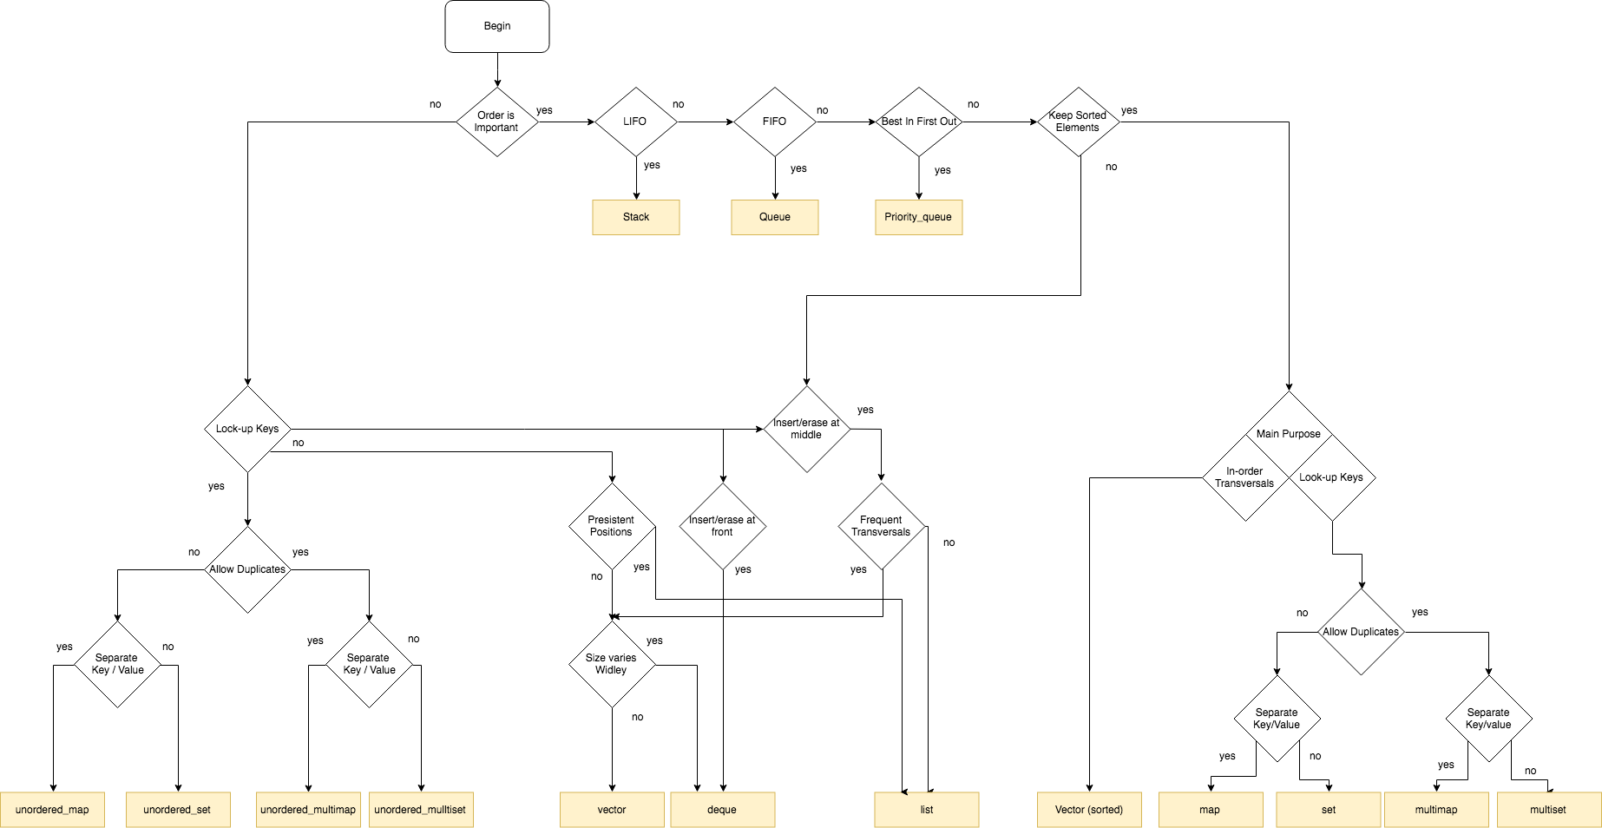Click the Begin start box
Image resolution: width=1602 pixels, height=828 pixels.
(497, 26)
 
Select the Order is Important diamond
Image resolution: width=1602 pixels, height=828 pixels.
(497, 122)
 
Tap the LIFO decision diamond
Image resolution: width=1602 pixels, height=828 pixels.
(635, 122)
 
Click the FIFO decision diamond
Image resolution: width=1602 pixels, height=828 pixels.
(775, 122)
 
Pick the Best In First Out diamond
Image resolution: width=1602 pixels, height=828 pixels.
(919, 122)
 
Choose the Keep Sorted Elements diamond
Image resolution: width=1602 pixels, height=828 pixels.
(1079, 122)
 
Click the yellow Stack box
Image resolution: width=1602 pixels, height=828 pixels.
(636, 217)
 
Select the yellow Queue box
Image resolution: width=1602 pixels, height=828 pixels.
(775, 217)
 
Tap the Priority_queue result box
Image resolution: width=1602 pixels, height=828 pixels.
(919, 217)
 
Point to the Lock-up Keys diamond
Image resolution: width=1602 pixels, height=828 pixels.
(247, 429)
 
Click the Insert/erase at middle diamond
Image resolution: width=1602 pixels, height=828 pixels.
(807, 429)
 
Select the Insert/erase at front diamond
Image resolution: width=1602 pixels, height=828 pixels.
(723, 526)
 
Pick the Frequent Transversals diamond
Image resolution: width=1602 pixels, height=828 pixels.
(882, 526)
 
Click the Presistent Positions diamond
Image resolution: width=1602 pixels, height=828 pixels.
(612, 526)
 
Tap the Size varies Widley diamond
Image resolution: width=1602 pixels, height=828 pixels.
(612, 664)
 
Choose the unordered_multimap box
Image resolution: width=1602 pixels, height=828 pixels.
(308, 810)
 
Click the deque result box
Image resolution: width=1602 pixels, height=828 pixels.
(722, 810)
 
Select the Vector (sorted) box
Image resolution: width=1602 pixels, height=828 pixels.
(1089, 810)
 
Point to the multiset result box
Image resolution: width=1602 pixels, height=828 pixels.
(1548, 810)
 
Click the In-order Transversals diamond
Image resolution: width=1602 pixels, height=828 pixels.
(1245, 477)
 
